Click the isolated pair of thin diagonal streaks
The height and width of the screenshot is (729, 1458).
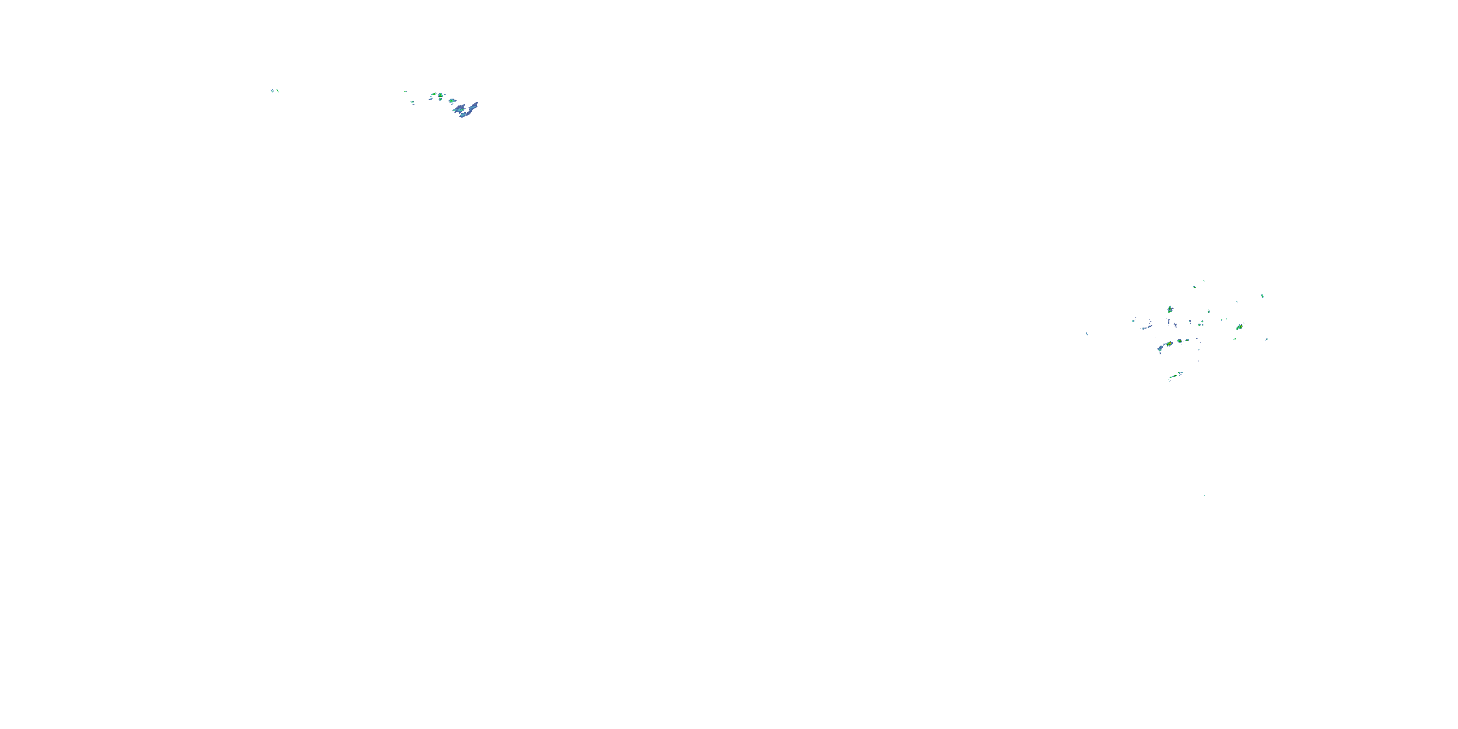(275, 90)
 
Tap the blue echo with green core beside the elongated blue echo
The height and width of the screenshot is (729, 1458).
(458, 107)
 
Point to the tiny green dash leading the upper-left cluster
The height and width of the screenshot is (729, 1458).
(405, 92)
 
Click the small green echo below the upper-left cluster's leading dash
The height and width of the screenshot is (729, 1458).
(413, 103)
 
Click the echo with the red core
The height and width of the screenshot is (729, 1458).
(1169, 344)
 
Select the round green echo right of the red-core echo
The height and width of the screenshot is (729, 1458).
(1180, 341)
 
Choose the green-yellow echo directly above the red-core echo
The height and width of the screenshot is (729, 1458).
(1170, 310)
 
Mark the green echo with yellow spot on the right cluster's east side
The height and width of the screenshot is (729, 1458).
(1240, 327)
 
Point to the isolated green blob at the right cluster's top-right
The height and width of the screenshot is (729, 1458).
(1263, 296)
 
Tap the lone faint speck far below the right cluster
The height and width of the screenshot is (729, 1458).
(1205, 496)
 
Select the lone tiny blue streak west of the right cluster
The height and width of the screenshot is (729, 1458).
(1087, 333)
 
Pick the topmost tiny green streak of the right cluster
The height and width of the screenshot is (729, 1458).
(1203, 281)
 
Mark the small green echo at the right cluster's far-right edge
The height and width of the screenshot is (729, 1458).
(1267, 339)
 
